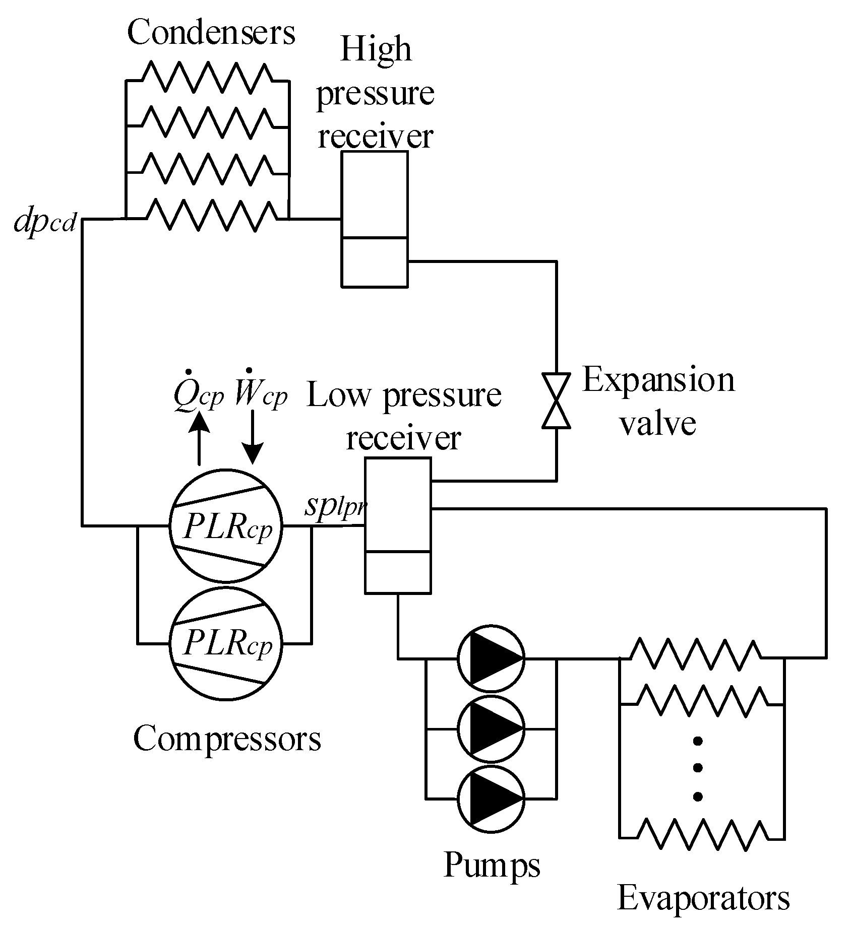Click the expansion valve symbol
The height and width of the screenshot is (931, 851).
[x=556, y=401]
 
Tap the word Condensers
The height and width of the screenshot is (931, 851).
[x=211, y=33]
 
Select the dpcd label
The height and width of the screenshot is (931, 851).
[x=45, y=222]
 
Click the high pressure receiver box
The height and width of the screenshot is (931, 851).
[x=375, y=219]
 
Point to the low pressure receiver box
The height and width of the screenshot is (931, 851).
[x=398, y=525]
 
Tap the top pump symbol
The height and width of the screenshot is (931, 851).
[x=491, y=657]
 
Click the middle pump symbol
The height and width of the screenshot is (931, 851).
[x=491, y=728]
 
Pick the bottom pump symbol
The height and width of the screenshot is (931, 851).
[x=491, y=799]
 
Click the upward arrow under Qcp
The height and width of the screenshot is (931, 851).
[x=199, y=437]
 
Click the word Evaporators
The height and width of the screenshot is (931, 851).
[x=703, y=898]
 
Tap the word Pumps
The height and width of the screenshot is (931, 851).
[x=492, y=864]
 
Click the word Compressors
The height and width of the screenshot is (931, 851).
[x=227, y=739]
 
